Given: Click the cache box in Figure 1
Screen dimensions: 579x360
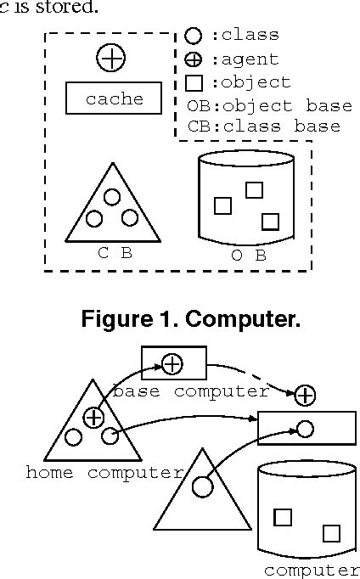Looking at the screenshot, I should [x=115, y=98].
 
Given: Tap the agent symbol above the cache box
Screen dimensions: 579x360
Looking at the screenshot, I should [x=111, y=58].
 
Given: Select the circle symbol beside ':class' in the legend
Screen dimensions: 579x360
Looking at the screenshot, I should [x=194, y=36].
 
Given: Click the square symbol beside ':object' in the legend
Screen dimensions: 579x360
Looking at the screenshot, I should [x=194, y=83].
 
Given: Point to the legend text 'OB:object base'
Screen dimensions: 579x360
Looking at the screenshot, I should [x=268, y=106].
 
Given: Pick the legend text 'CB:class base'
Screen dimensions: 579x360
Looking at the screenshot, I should [x=263, y=126].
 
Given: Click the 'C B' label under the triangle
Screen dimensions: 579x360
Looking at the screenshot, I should [x=114, y=251].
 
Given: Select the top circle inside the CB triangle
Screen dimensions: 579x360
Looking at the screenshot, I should [x=112, y=197].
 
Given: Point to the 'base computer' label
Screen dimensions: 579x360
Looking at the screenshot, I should [x=190, y=391].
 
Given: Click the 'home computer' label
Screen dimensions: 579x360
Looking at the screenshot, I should [x=104, y=473].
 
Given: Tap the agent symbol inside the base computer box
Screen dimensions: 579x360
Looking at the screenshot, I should [x=172, y=363].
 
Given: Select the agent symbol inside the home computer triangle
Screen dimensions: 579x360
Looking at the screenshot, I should [x=93, y=417].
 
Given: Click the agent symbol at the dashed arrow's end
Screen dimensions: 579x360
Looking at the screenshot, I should [x=305, y=395].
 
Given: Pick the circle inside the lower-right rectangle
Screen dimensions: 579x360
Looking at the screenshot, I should [x=306, y=429].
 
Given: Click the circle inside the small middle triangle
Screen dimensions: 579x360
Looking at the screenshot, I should [x=202, y=487].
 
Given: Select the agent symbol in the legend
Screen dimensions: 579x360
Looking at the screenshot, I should [x=194, y=59].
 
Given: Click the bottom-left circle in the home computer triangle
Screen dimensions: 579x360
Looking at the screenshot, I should [x=74, y=438].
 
